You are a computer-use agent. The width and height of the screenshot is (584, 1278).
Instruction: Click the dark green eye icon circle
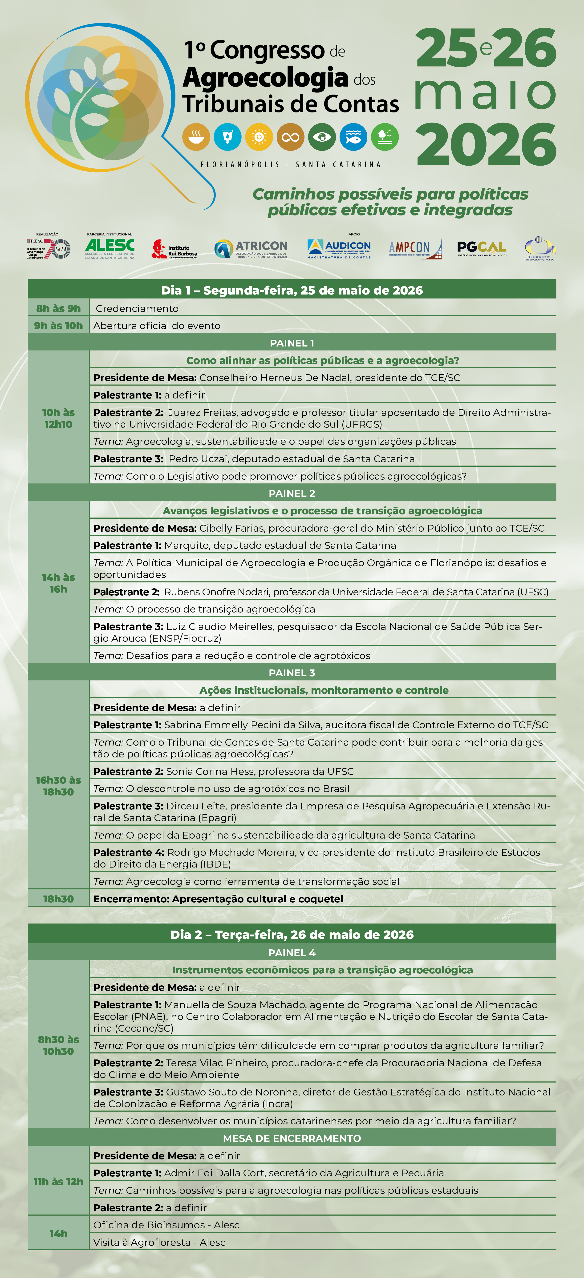(x=322, y=137)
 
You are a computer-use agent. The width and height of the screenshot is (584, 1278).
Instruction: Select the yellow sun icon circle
(x=259, y=137)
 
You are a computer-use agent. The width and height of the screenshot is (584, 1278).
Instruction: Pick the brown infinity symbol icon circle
(x=291, y=137)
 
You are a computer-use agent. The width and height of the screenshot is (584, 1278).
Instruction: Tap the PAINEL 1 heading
(x=292, y=343)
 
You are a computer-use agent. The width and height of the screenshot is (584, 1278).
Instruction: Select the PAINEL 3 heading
(x=292, y=673)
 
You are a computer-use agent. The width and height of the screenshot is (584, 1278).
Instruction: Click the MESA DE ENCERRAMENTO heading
(x=292, y=1138)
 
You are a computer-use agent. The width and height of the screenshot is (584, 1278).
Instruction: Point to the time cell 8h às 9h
(x=58, y=308)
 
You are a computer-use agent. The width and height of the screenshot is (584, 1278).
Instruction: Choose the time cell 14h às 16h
(x=58, y=583)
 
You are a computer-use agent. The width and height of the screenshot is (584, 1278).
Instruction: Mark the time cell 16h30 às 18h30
(x=58, y=786)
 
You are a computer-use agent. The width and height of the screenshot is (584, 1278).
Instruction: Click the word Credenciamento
(x=137, y=309)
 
